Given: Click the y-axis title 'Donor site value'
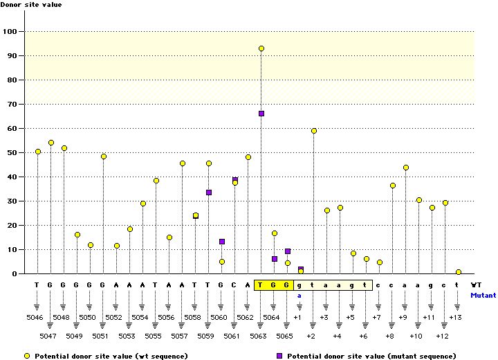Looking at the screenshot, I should click(30, 5).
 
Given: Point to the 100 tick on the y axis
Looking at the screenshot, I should click(12, 31).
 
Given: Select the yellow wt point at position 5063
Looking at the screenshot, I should click(261, 48).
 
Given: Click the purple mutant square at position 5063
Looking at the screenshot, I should click(261, 114).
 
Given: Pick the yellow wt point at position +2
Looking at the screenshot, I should click(314, 131).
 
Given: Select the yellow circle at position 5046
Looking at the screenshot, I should click(38, 152).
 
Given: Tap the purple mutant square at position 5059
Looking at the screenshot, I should click(209, 192).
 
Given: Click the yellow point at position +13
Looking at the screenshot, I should click(458, 272).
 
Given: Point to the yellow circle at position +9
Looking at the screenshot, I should click(406, 168).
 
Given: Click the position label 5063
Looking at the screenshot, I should click(259, 336).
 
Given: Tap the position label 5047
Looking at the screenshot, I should click(49, 336).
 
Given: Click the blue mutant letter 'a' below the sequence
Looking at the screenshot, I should click(300, 294).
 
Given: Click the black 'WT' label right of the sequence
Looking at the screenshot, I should click(475, 285).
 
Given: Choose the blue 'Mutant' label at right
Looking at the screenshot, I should click(483, 295).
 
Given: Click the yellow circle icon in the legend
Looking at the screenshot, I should click(27, 355).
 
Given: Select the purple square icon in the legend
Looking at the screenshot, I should click(279, 355).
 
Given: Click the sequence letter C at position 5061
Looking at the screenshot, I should click(235, 285).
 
